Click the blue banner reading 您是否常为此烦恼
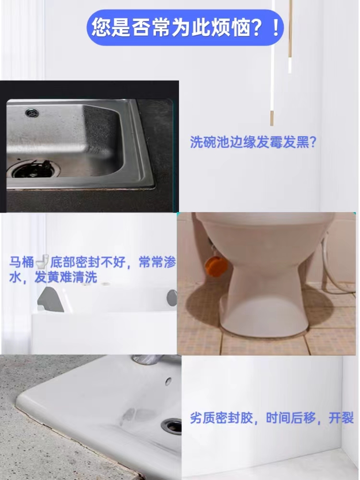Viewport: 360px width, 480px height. pyautogui.click(x=185, y=27)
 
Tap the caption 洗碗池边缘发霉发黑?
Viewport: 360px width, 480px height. pyautogui.click(x=253, y=142)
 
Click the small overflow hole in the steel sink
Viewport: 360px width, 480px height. pyautogui.click(x=32, y=113)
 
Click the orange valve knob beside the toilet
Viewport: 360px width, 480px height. pyautogui.click(x=216, y=264)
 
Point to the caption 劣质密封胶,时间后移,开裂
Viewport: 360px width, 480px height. pyautogui.click(x=272, y=418)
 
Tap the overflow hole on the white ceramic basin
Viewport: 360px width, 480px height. pyautogui.click(x=168, y=381)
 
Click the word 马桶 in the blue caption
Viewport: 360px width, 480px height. pyautogui.click(x=22, y=262)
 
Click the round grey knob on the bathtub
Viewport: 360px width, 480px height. pyautogui.click(x=172, y=298)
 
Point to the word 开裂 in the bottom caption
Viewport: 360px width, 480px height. pyautogui.click(x=341, y=418)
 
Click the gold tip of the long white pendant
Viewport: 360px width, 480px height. pyautogui.click(x=272, y=118)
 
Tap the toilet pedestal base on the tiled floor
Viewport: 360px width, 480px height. pyautogui.click(x=265, y=318)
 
